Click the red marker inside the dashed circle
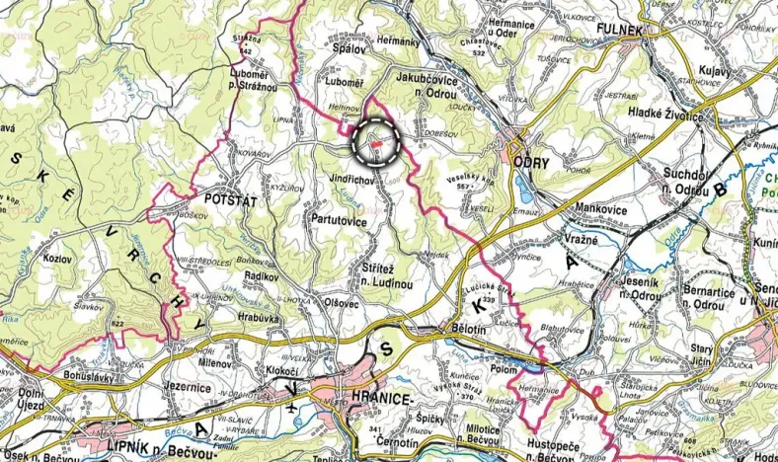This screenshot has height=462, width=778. click(376, 144)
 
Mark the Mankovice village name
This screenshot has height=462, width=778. click(604, 208)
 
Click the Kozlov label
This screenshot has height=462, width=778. click(53, 257)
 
